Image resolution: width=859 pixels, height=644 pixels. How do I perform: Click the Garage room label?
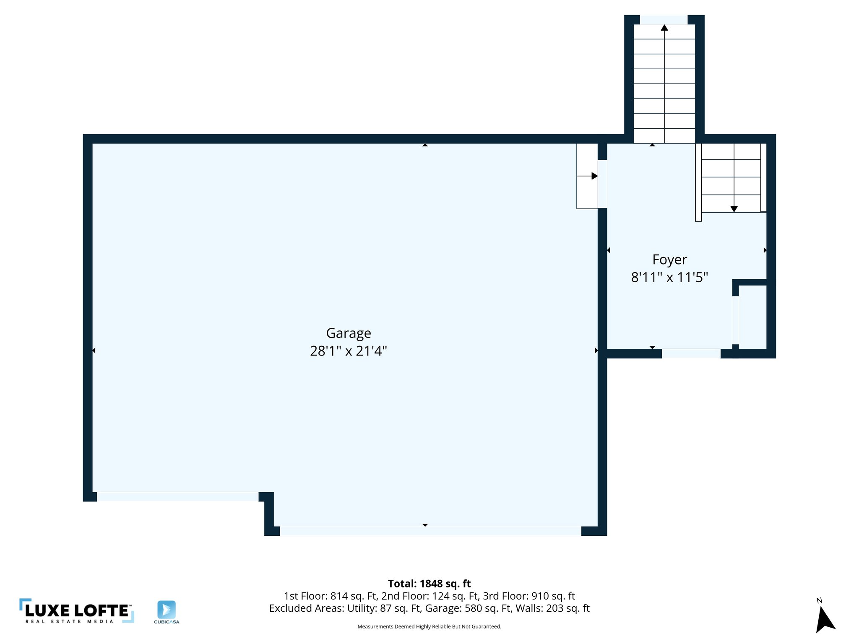(349, 333)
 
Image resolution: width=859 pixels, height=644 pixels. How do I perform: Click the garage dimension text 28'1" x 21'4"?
(349, 351)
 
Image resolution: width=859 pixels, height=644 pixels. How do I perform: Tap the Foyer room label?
(669, 260)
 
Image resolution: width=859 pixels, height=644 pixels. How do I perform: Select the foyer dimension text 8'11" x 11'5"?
(669, 278)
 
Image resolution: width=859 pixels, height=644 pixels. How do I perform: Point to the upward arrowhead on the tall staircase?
(664, 28)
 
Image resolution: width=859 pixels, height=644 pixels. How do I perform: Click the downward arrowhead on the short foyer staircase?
(734, 209)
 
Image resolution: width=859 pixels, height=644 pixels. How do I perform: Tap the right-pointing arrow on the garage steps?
(594, 176)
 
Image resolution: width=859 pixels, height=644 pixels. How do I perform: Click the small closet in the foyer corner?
(752, 317)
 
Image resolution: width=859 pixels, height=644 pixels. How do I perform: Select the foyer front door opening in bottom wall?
(691, 353)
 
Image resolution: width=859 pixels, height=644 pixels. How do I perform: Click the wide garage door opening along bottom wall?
(430, 531)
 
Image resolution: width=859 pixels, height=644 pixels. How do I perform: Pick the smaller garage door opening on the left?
(178, 497)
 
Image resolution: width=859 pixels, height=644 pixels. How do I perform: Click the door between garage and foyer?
(602, 184)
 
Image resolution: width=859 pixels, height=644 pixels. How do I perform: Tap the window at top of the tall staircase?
(664, 20)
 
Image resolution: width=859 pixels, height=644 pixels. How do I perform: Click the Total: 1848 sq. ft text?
(429, 584)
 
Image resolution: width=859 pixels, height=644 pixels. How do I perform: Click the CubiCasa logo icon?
(167, 609)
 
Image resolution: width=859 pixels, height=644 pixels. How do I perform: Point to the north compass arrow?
(825, 620)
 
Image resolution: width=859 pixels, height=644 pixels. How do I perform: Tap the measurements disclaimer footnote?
(429, 627)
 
